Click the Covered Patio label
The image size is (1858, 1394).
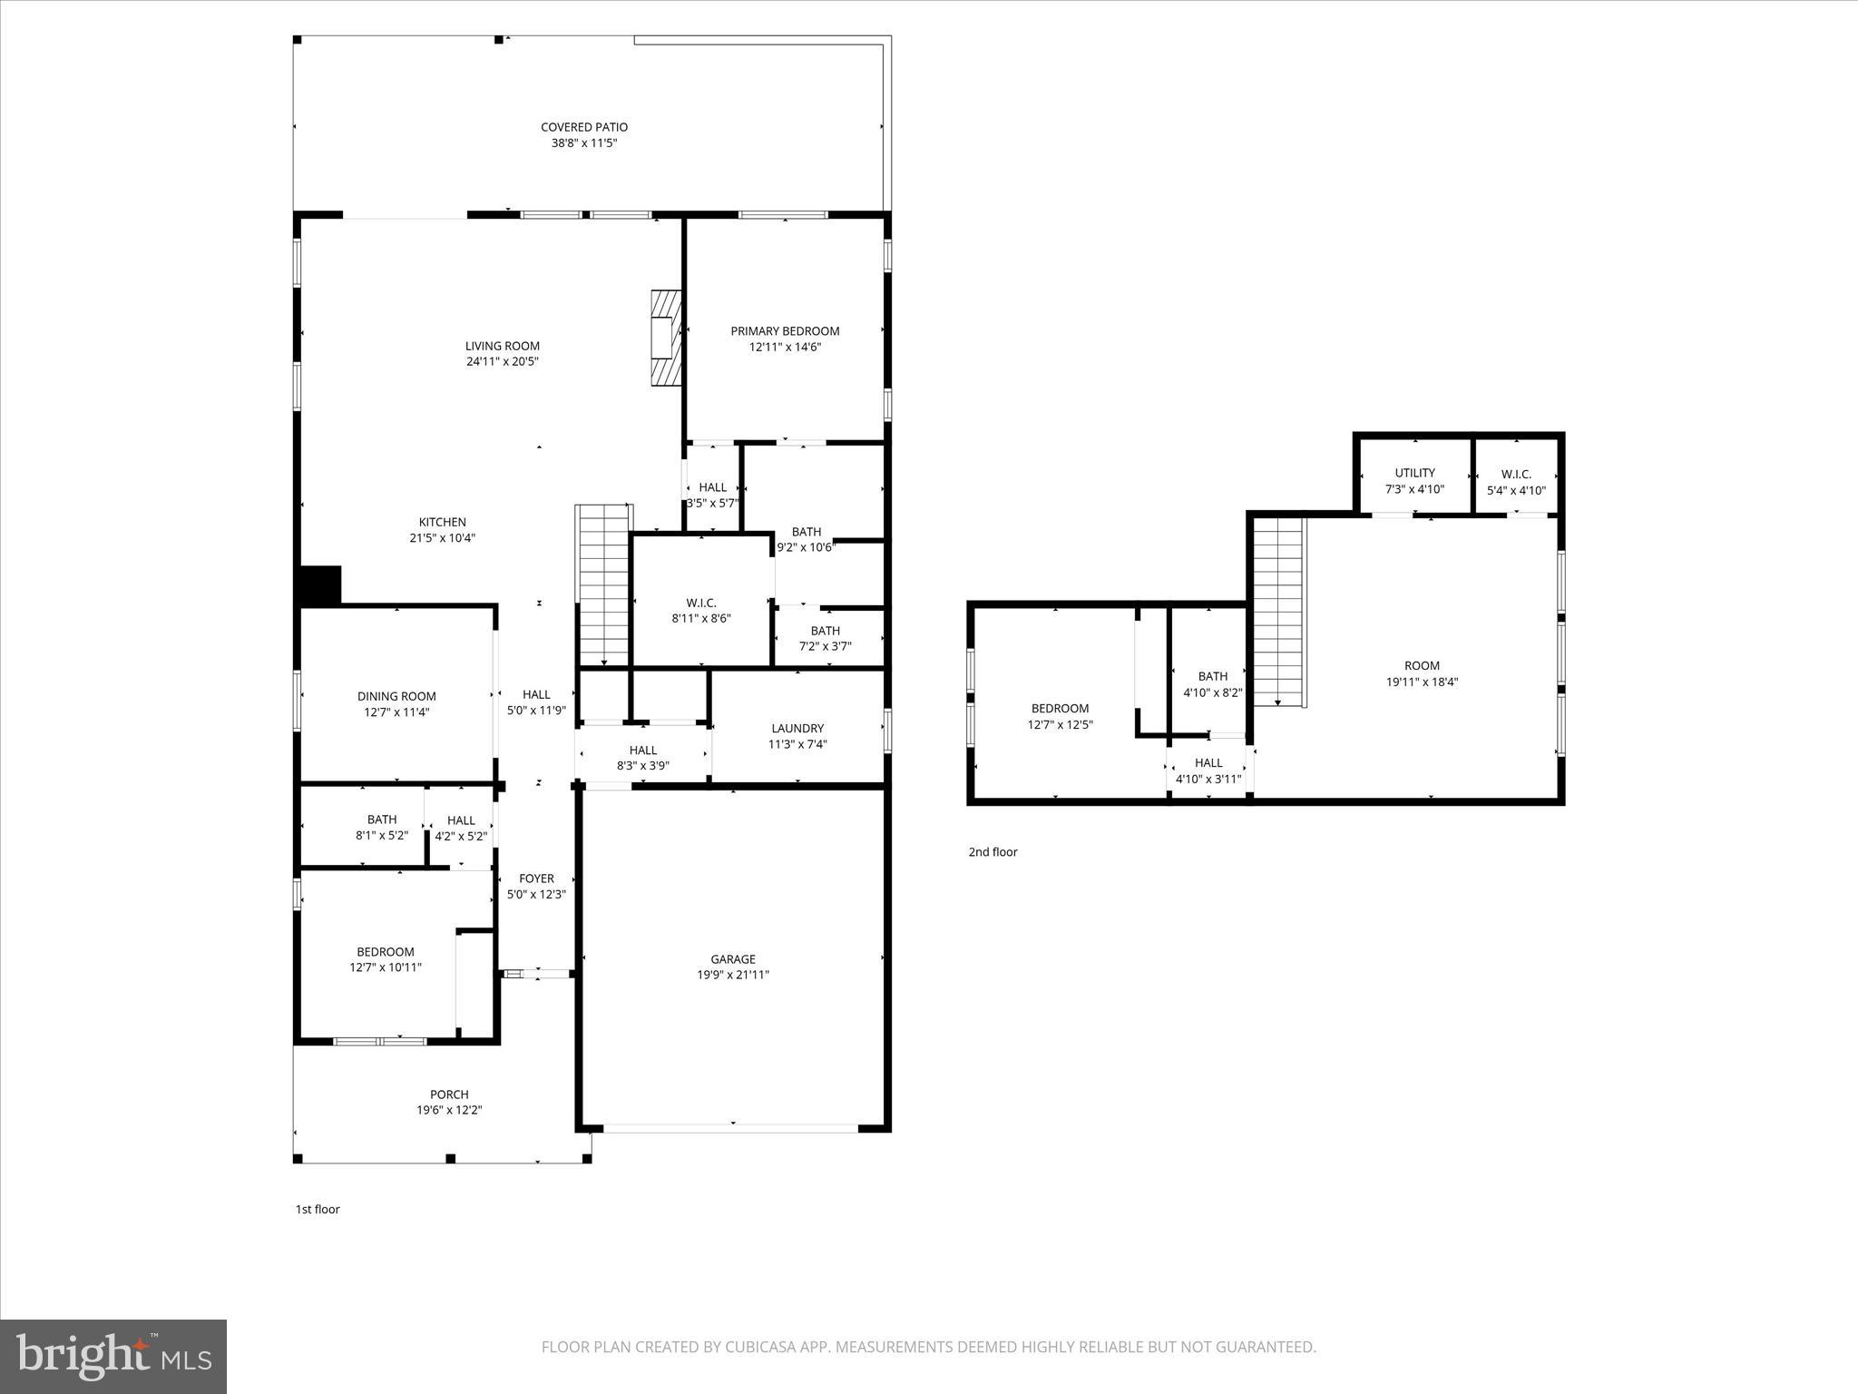coord(583,127)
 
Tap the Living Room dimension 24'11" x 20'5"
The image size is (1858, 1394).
coord(502,361)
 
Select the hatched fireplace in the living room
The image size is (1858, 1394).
coord(666,339)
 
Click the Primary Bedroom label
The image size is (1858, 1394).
coord(785,331)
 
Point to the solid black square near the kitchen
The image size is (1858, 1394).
coord(319,585)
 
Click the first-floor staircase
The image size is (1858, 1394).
coord(603,585)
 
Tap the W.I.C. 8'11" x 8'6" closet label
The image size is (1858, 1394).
coord(701,603)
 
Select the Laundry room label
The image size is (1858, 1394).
coord(797,728)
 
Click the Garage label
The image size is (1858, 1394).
coord(732,959)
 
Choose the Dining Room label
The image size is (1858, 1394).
coord(396,697)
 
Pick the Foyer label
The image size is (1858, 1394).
coord(536,879)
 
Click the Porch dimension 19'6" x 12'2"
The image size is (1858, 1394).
coord(449,1110)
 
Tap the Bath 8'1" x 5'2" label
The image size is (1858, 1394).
coord(382,820)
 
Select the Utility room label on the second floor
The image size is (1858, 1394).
coord(1414,473)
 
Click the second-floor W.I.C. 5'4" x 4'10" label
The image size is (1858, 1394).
coord(1516,474)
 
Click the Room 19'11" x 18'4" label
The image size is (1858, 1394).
coord(1422,665)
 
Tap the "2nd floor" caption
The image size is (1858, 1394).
coord(993,852)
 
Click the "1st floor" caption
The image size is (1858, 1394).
coord(318,1209)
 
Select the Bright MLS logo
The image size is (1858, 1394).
coord(113,1356)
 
